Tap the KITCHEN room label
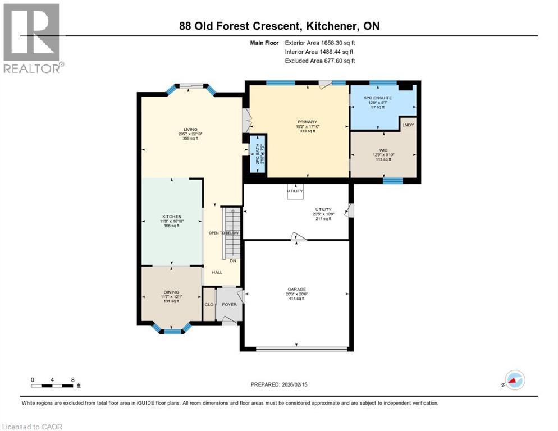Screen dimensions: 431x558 (x=171, y=217)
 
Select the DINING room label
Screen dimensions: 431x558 (x=171, y=292)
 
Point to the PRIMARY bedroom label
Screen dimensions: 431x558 (x=308, y=122)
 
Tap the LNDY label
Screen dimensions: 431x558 (x=408, y=125)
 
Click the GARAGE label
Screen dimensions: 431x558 (x=295, y=290)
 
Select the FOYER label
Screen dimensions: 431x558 (x=229, y=305)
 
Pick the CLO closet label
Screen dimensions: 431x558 (x=208, y=305)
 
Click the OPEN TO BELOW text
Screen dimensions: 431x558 (x=224, y=233)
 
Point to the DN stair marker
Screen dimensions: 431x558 (x=232, y=260)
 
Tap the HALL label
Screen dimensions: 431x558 (x=217, y=273)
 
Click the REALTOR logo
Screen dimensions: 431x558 (x=33, y=38)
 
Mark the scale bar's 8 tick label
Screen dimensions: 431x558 (x=72, y=379)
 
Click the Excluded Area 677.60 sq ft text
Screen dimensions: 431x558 (x=320, y=61)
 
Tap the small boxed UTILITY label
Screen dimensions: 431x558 (x=295, y=191)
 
